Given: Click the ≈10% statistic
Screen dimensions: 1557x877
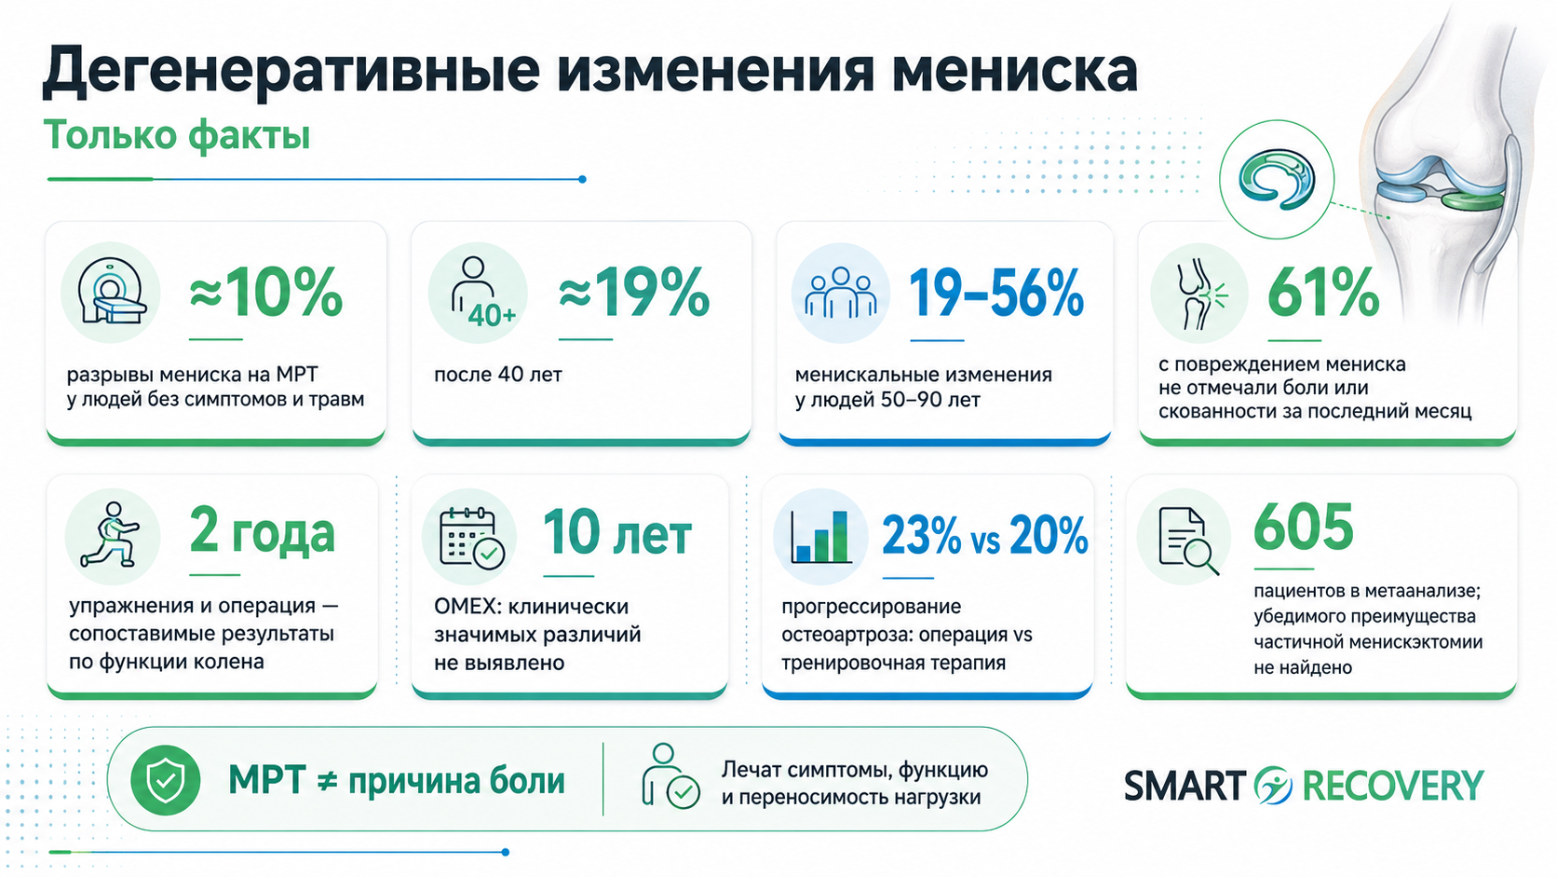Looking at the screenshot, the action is tap(266, 292).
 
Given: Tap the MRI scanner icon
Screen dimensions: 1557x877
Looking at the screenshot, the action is tap(111, 292).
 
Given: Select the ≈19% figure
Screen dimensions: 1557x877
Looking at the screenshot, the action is tap(634, 292).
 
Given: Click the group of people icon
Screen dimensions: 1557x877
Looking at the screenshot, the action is tap(840, 294).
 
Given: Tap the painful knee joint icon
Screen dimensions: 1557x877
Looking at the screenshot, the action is tap(1199, 294).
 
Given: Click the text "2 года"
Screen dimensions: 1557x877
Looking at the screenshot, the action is tap(262, 533).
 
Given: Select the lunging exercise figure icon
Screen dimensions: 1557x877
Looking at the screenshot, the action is tap(111, 534).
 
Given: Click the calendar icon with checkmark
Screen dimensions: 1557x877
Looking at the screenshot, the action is tap(471, 538).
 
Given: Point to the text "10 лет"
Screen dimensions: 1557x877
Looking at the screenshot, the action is tap(617, 533).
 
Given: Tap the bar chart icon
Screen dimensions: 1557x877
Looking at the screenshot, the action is tap(821, 537).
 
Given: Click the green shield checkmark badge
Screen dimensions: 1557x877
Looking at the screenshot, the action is tap(166, 780).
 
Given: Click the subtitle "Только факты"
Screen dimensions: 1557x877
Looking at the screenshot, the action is tap(177, 136).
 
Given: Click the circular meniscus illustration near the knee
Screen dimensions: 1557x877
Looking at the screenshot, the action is tap(1276, 180).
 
